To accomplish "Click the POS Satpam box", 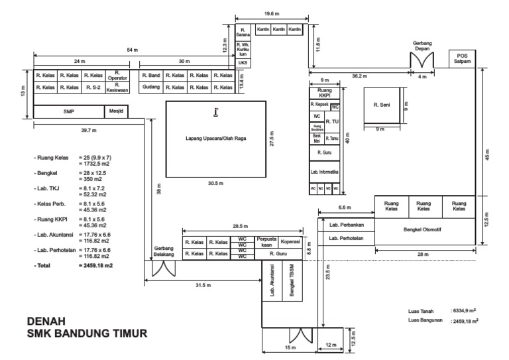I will point(463,58).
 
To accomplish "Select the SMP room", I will point(69,111).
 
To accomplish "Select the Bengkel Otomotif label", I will point(425,231).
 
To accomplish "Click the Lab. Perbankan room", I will point(347,225).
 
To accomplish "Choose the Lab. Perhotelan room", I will point(347,238).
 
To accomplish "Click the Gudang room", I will point(151,87).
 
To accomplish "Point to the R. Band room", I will point(151,76).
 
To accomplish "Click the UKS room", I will point(243,62).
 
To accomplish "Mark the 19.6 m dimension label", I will point(269,13).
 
